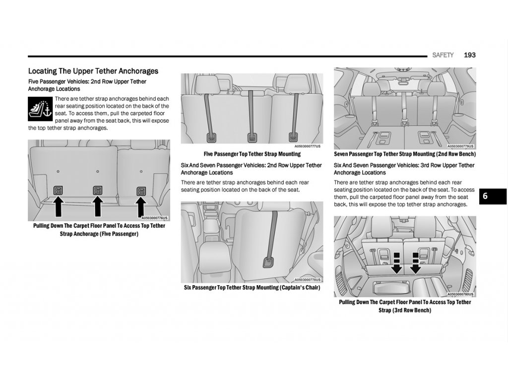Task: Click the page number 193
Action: click(x=469, y=55)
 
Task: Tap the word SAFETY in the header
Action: click(x=443, y=55)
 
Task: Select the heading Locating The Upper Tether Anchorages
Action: click(x=93, y=71)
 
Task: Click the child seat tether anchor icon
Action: click(x=40, y=109)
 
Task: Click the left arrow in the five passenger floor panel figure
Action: click(x=58, y=206)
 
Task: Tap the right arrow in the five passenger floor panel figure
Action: click(x=141, y=206)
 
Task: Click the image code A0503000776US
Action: click(x=155, y=218)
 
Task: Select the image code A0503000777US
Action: click(x=308, y=146)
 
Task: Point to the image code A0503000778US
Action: click(x=308, y=280)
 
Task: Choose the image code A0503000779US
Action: click(x=461, y=146)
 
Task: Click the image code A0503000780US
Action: click(x=461, y=294)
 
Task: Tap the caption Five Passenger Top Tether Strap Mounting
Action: click(x=252, y=154)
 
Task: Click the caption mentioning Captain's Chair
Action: click(x=252, y=288)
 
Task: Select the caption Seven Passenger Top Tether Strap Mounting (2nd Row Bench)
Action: click(x=405, y=154)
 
